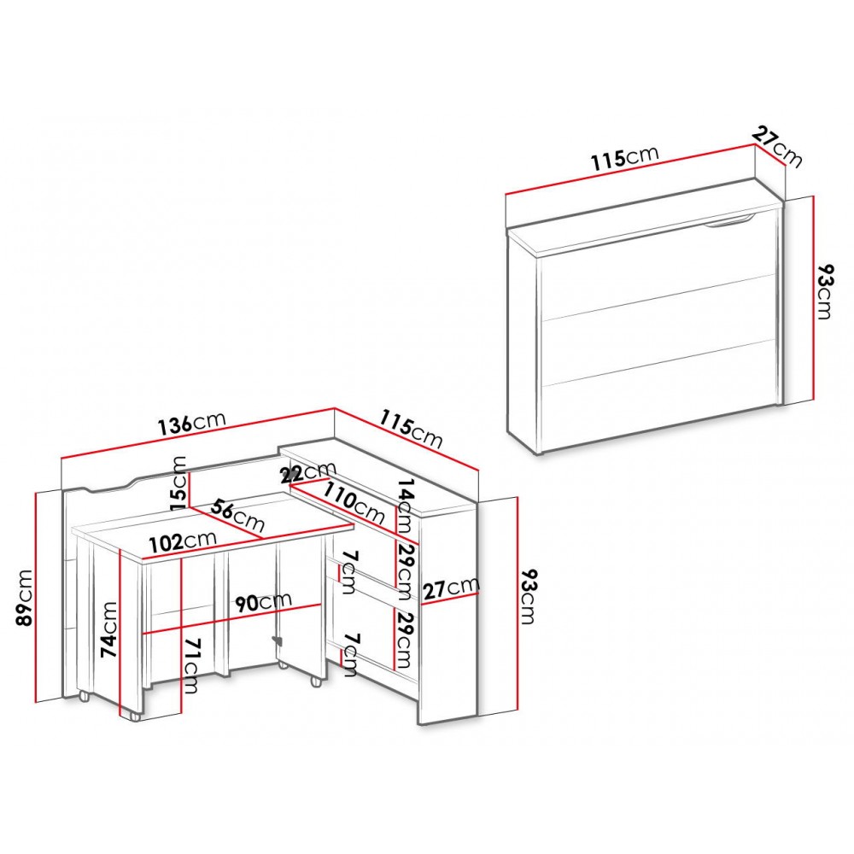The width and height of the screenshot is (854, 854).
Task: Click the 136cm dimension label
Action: [191, 423]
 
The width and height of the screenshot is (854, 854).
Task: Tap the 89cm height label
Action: [25, 598]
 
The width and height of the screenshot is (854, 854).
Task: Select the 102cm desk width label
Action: [183, 541]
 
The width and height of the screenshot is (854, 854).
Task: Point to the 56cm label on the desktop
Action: [237, 515]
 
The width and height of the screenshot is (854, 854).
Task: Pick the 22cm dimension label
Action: [307, 472]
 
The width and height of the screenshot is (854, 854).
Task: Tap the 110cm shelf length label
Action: [354, 503]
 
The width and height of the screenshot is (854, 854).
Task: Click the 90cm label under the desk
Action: [264, 602]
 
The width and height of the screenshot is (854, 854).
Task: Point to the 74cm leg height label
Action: [109, 629]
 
